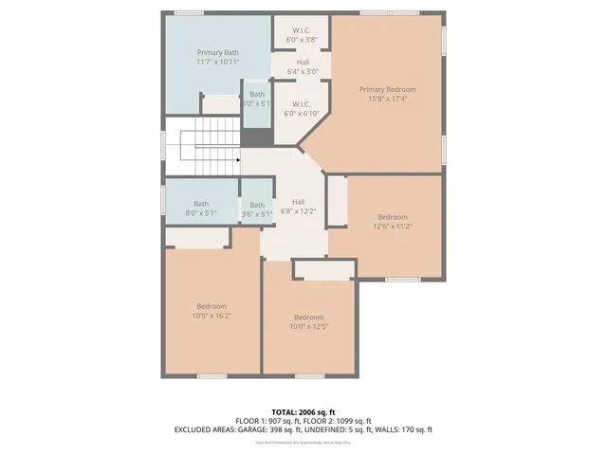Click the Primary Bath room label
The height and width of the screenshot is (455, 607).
217,52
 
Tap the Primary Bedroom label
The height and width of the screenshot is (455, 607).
387,89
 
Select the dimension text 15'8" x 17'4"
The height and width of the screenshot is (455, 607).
387,99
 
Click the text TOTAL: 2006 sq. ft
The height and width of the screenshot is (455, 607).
303,412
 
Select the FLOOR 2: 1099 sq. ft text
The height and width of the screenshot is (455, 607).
338,421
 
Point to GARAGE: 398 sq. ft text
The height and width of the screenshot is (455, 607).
287,429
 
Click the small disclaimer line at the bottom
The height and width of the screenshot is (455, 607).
303,442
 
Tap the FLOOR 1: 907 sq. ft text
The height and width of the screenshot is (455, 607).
267,421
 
